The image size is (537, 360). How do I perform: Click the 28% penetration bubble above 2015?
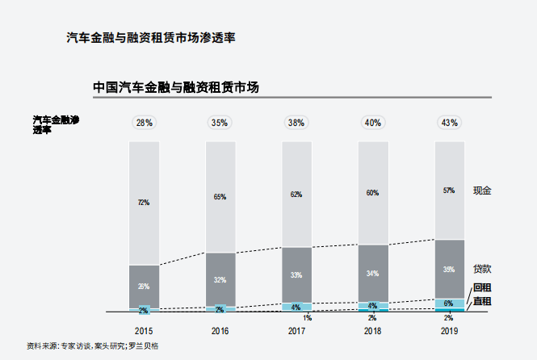[x=144, y=123]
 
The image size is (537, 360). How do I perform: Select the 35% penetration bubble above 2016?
[x=220, y=123]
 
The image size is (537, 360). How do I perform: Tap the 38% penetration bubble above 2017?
[x=296, y=123]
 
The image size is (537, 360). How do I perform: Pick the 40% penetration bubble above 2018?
[x=373, y=123]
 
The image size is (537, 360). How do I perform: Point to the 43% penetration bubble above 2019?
[x=449, y=123]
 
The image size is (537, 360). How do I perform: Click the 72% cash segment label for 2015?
[x=144, y=202]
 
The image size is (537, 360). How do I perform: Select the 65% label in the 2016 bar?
[x=220, y=197]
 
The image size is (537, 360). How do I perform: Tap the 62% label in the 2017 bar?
[x=296, y=195]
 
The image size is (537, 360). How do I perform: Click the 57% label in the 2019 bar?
[x=449, y=190]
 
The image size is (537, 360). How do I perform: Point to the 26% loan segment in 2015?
[x=144, y=286]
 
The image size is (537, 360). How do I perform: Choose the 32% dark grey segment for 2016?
[x=220, y=279]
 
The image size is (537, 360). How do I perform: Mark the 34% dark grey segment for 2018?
[x=373, y=274]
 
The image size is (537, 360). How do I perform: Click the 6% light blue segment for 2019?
[x=449, y=303]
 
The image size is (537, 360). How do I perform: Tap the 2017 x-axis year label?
[x=296, y=331]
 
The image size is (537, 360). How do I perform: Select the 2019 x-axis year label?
[x=449, y=331]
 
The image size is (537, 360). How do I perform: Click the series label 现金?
[x=482, y=190]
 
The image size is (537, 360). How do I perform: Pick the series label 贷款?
[x=482, y=269]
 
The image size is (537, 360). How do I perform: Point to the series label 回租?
[x=482, y=288]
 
